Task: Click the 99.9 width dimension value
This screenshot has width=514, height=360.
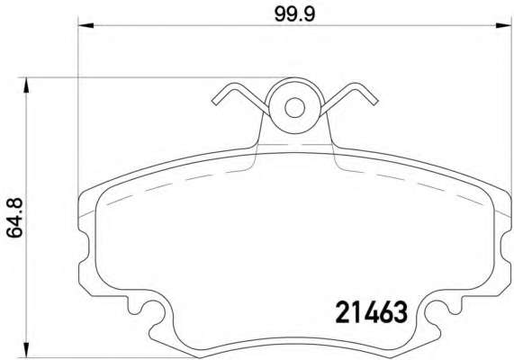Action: coord(294,14)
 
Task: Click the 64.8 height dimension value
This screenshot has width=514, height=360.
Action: coord(14,218)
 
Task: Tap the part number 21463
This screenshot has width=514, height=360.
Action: coord(371,312)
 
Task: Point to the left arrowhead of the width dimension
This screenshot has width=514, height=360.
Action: coord(86,25)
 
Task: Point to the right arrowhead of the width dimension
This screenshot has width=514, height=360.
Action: coord(503,25)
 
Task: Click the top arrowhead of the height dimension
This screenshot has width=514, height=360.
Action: coord(26,85)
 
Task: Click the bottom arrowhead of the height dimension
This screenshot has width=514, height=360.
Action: coord(26,349)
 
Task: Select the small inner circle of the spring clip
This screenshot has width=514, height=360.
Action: coord(294,107)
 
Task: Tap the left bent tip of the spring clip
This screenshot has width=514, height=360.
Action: coord(215,102)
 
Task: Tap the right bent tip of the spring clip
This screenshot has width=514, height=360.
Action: coord(374,102)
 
